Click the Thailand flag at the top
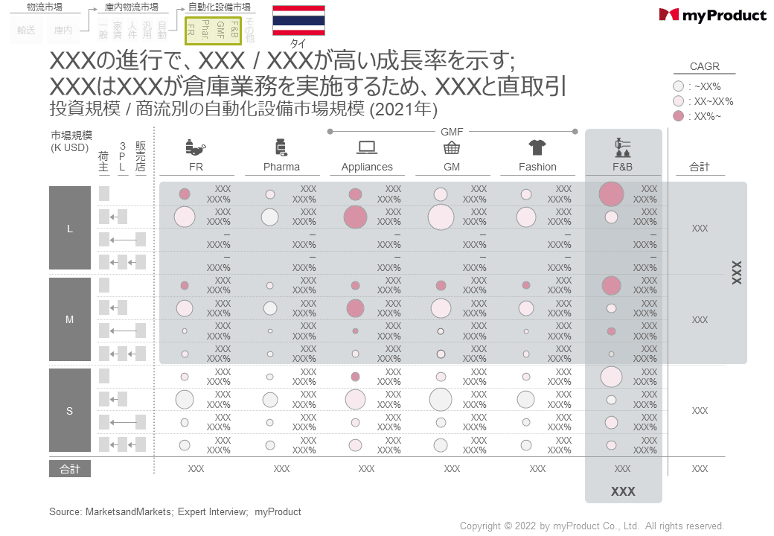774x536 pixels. (298, 20)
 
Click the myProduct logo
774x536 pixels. (712, 15)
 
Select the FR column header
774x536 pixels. (196, 167)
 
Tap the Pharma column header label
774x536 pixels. (281, 167)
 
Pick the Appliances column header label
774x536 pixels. (367, 167)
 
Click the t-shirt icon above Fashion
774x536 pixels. (537, 147)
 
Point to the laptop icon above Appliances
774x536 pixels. (367, 147)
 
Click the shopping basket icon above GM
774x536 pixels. (452, 147)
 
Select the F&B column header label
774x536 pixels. (622, 167)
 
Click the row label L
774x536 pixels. (70, 229)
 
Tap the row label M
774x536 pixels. (70, 319)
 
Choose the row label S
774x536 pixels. (70, 411)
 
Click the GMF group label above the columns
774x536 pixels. (452, 132)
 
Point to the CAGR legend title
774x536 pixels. (704, 66)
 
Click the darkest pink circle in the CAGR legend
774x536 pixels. (678, 116)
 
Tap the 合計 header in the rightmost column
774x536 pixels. (700, 167)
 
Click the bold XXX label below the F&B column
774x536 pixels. (623, 492)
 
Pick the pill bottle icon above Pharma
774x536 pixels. (281, 147)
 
